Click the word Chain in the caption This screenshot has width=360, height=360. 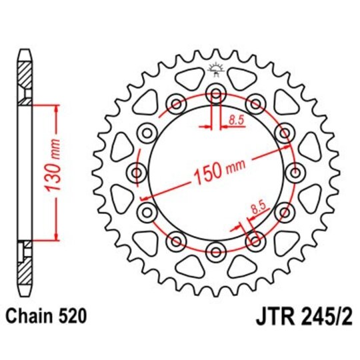pyautogui.click(x=31, y=315)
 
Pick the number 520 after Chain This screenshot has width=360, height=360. pyautogui.click(x=72, y=315)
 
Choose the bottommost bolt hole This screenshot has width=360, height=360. pyautogui.click(x=216, y=251)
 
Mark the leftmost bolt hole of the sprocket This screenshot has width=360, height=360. pyautogui.click(x=138, y=173)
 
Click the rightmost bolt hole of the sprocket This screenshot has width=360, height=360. pyautogui.click(x=295, y=173)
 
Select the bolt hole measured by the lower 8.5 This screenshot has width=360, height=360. pyautogui.click(x=255, y=239)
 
